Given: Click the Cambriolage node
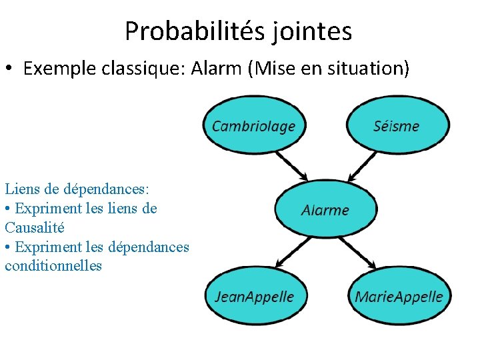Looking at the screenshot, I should tap(253, 126).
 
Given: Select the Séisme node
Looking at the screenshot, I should tap(397, 126).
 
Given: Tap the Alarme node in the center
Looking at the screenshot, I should tap(325, 209).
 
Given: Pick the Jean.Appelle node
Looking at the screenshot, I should tap(254, 296).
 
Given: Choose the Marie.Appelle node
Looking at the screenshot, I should tap(399, 296).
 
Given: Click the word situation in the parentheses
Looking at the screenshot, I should tap(367, 69).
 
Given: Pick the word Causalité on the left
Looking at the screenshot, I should tap(35, 227).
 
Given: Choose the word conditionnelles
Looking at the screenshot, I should tap(53, 265).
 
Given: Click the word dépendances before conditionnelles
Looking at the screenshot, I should tap(148, 247).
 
